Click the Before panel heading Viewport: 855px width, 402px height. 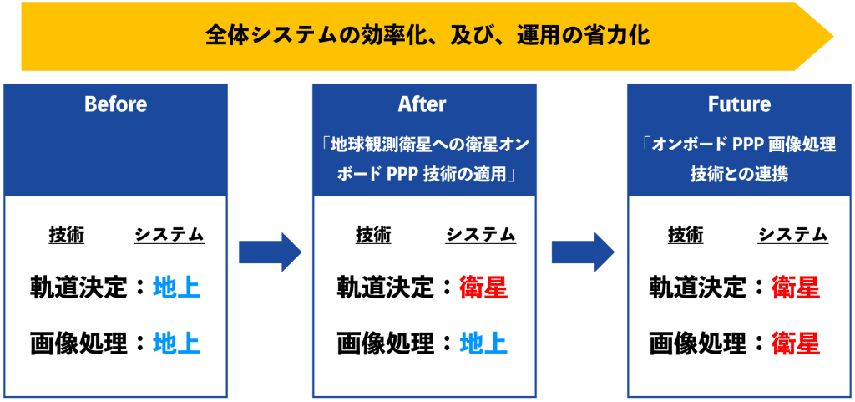(x=115, y=104)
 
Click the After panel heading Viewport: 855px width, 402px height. (x=422, y=104)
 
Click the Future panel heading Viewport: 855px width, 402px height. (x=740, y=104)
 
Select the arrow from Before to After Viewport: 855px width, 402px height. (x=270, y=252)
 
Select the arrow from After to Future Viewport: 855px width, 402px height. (x=583, y=252)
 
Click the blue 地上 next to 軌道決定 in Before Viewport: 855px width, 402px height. (x=176, y=288)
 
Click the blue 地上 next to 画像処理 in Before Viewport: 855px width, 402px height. (x=176, y=343)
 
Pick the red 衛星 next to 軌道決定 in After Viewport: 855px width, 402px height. (x=483, y=288)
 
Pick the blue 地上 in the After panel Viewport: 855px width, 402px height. (x=483, y=343)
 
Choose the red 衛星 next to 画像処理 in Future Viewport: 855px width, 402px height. (x=796, y=343)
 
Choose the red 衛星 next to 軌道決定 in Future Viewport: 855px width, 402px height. (x=796, y=288)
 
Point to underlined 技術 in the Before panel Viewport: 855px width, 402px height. (x=67, y=235)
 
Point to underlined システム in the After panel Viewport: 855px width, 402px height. (x=480, y=235)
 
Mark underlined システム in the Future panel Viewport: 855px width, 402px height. (x=793, y=235)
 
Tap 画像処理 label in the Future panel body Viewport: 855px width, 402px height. (x=697, y=343)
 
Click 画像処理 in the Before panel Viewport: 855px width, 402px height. (x=78, y=343)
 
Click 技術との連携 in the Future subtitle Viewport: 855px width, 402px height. (x=739, y=175)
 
